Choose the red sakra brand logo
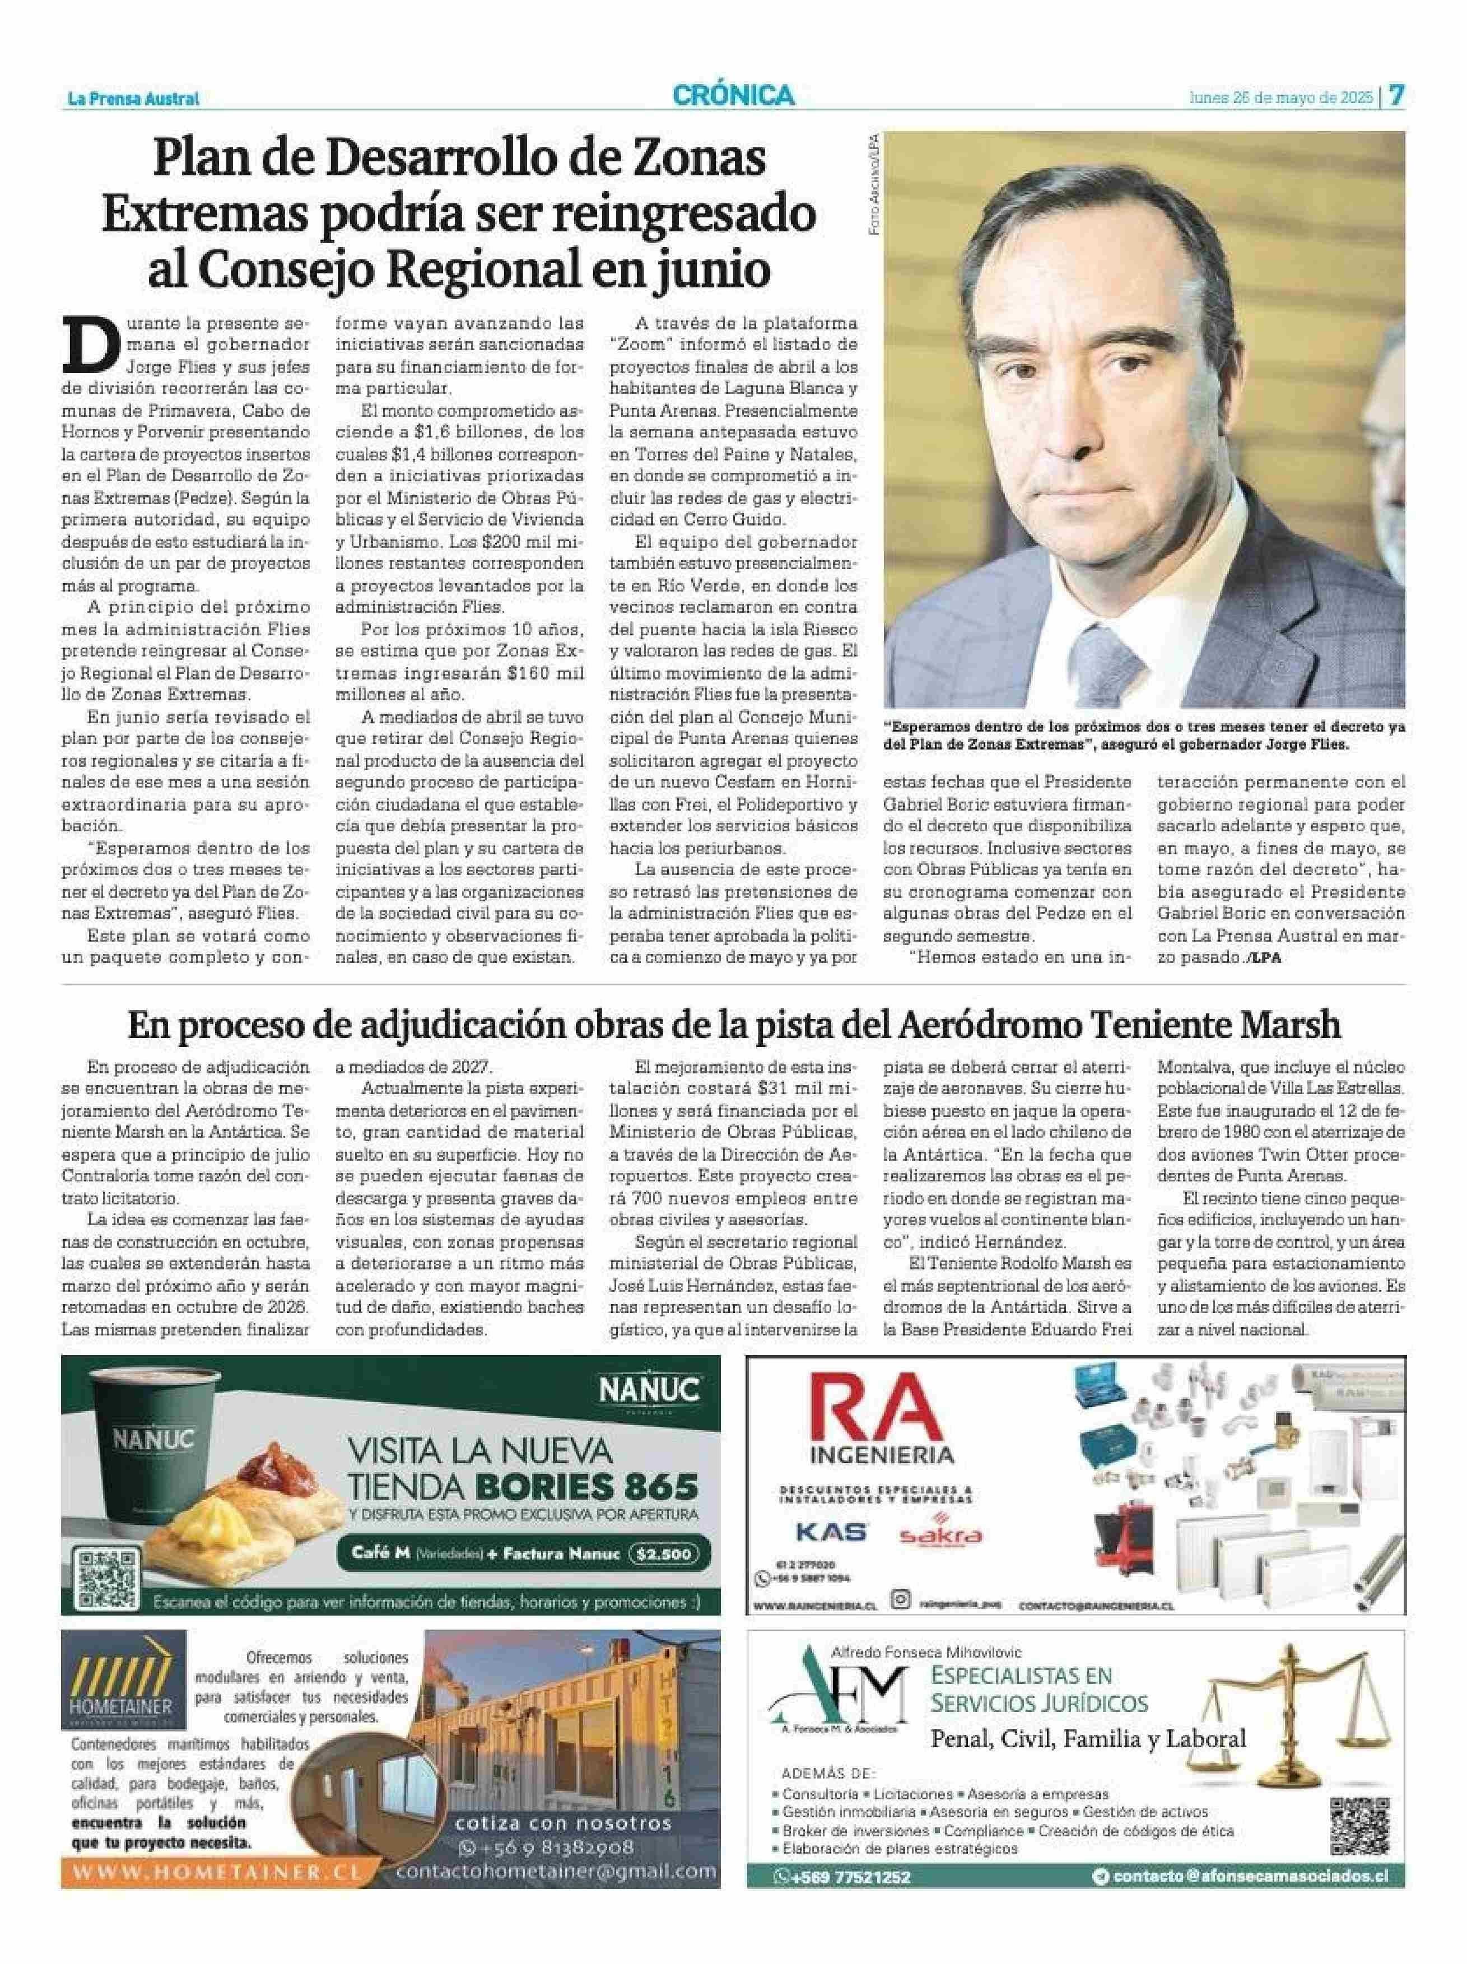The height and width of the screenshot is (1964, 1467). click(x=940, y=1535)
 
